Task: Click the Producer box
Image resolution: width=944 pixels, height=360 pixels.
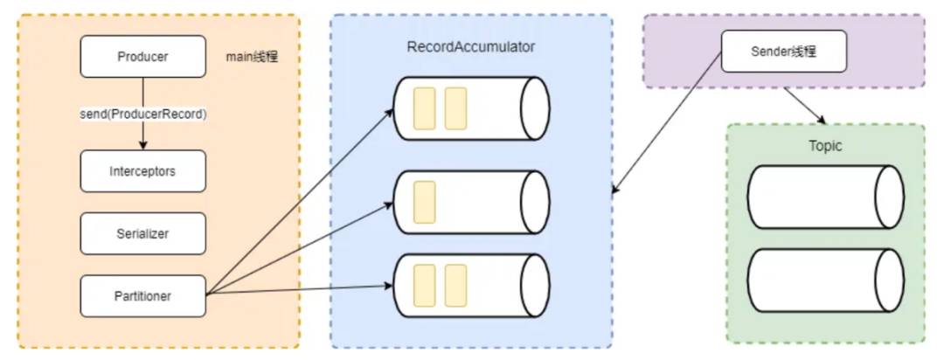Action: [142, 57]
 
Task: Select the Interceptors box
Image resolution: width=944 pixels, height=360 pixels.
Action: [142, 171]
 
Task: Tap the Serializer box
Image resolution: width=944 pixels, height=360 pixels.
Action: [142, 233]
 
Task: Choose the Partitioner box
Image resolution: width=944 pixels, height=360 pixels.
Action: [142, 296]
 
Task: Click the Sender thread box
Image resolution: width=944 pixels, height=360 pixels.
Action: [784, 52]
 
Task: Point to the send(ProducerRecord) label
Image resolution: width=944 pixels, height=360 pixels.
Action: [142, 114]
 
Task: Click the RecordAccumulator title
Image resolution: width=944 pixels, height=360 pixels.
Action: [471, 47]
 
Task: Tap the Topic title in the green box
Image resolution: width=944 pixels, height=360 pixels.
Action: [825, 146]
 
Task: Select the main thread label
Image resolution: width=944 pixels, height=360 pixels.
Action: [253, 58]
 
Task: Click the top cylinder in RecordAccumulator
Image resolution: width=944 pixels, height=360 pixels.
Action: [471, 108]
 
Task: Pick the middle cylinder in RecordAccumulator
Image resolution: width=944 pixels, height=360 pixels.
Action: [471, 202]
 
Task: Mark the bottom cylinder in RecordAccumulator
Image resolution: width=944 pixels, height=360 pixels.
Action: [471, 285]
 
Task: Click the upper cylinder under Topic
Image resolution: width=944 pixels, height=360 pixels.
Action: [825, 197]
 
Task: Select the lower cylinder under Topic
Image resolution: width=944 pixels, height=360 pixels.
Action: [825, 280]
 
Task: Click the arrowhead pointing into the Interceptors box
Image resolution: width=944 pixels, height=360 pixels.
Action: [142, 145]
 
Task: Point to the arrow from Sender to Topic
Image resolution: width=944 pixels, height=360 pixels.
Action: [803, 104]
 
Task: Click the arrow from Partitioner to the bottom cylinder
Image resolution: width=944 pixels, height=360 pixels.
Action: [299, 289]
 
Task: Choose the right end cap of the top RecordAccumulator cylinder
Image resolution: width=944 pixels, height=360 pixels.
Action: [535, 108]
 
